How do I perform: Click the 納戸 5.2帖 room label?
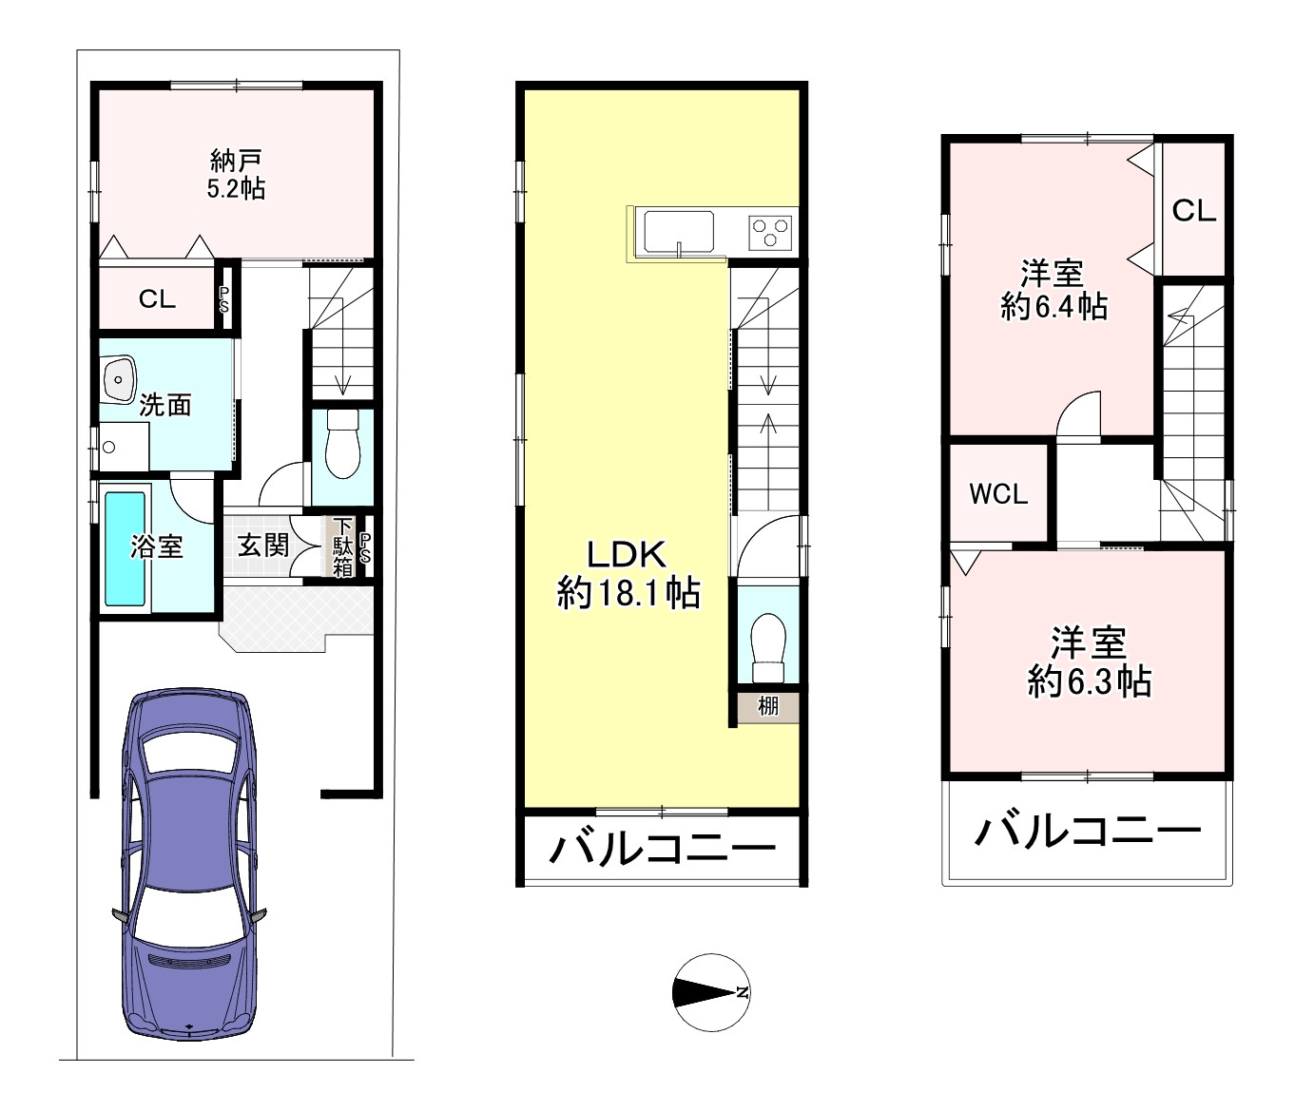236,174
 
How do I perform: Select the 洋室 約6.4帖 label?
1053,290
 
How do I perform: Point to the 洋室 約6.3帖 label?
1089,662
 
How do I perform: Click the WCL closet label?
998,493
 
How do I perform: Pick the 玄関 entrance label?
263,545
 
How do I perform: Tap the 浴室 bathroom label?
157,546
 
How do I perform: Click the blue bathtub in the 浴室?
125,547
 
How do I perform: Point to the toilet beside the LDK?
766,646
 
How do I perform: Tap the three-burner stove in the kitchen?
770,231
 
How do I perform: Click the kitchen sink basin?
679,229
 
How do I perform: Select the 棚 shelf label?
768,706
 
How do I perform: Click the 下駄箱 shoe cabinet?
342,546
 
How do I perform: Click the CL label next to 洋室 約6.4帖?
1193,211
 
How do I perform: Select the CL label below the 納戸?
157,299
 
